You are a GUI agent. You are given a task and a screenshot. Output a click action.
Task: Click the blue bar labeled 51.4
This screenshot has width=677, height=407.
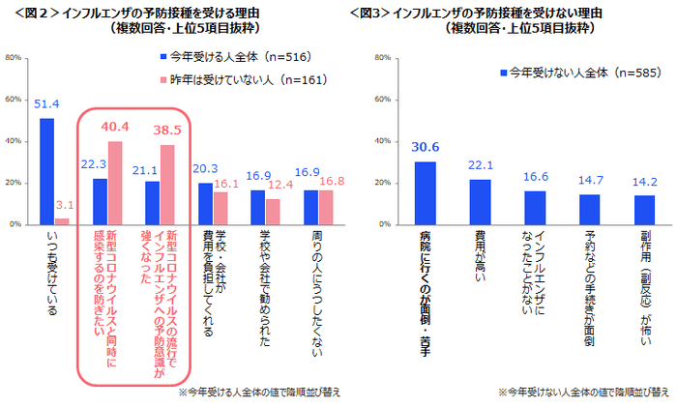tap(46, 171)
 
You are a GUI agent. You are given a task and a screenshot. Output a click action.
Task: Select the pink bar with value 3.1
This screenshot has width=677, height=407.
tap(61, 221)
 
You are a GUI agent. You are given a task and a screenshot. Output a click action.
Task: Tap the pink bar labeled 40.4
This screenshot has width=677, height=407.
tap(115, 183)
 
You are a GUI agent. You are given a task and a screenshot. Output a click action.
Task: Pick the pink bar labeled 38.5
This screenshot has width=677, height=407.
tap(167, 185)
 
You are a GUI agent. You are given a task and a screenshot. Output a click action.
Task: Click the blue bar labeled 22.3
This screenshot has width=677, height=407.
tap(100, 201)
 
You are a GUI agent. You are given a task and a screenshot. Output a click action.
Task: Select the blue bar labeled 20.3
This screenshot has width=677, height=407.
tap(204, 203)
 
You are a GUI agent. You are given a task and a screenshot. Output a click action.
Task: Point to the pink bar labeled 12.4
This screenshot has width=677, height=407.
tap(272, 212)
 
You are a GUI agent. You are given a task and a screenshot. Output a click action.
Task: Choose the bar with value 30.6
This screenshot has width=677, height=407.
tap(426, 192)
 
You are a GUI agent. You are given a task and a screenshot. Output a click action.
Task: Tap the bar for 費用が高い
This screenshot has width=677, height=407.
tap(481, 201)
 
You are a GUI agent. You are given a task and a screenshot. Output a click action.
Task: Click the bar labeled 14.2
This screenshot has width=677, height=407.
tap(644, 210)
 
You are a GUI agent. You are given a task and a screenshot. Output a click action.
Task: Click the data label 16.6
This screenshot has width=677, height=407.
tap(535, 178)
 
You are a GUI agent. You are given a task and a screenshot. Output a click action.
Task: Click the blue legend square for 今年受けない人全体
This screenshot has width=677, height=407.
tap(502, 73)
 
